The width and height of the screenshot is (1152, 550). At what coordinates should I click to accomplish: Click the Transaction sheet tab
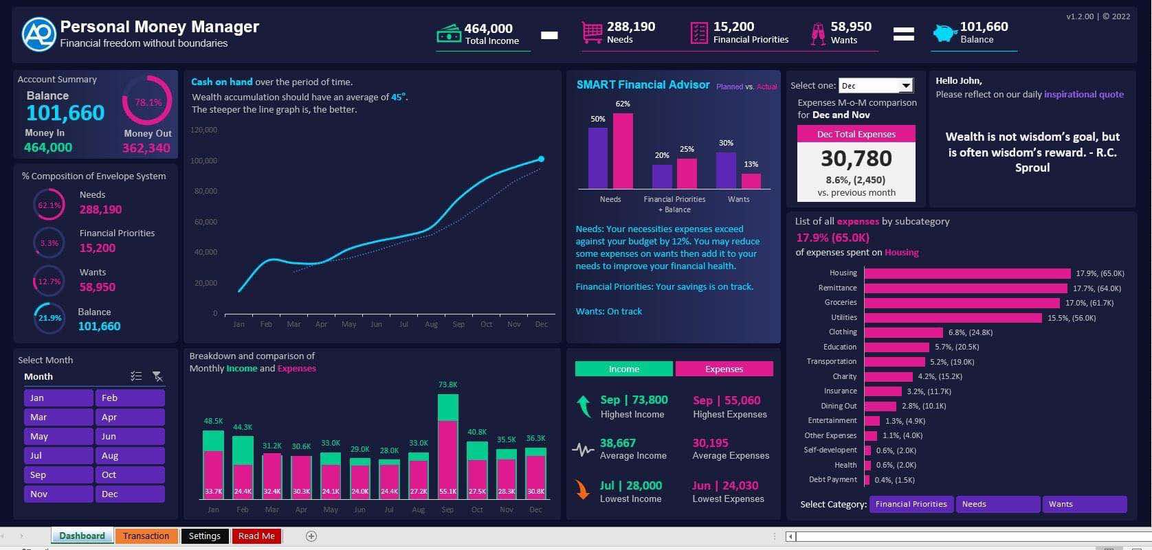pyautogui.click(x=146, y=536)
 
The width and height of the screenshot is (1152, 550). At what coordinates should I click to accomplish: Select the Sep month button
pyautogui.click(x=58, y=475)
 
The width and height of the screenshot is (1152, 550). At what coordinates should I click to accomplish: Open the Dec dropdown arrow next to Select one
pyautogui.click(x=906, y=86)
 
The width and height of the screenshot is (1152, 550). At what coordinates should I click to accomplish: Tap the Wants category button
pyautogui.click(x=1084, y=505)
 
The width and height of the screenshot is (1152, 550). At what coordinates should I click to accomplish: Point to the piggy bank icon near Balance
pyautogui.click(x=945, y=33)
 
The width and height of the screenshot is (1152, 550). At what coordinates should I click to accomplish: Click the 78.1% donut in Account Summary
pyautogui.click(x=148, y=102)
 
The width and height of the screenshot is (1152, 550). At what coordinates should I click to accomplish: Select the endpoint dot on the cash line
pyautogui.click(x=541, y=159)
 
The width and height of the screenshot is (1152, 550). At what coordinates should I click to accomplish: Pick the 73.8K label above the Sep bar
pyautogui.click(x=447, y=385)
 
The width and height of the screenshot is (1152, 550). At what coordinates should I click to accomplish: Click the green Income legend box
pyautogui.click(x=623, y=369)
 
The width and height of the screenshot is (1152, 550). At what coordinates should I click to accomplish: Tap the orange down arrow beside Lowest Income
pyautogui.click(x=582, y=490)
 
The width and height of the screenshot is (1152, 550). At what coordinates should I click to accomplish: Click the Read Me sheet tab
pyautogui.click(x=256, y=536)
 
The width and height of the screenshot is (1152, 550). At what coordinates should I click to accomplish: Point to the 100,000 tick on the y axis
pyautogui.click(x=204, y=161)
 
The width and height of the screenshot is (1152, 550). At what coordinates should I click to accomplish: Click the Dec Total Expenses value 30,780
pyautogui.click(x=856, y=159)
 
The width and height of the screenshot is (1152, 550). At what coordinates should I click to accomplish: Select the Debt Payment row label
pyautogui.click(x=832, y=480)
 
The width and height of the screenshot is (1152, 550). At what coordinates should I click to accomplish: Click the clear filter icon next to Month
pyautogui.click(x=157, y=376)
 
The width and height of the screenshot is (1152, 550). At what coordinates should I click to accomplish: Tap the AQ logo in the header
pyautogui.click(x=38, y=34)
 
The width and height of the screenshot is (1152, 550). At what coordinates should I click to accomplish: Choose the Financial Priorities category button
pyautogui.click(x=911, y=505)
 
